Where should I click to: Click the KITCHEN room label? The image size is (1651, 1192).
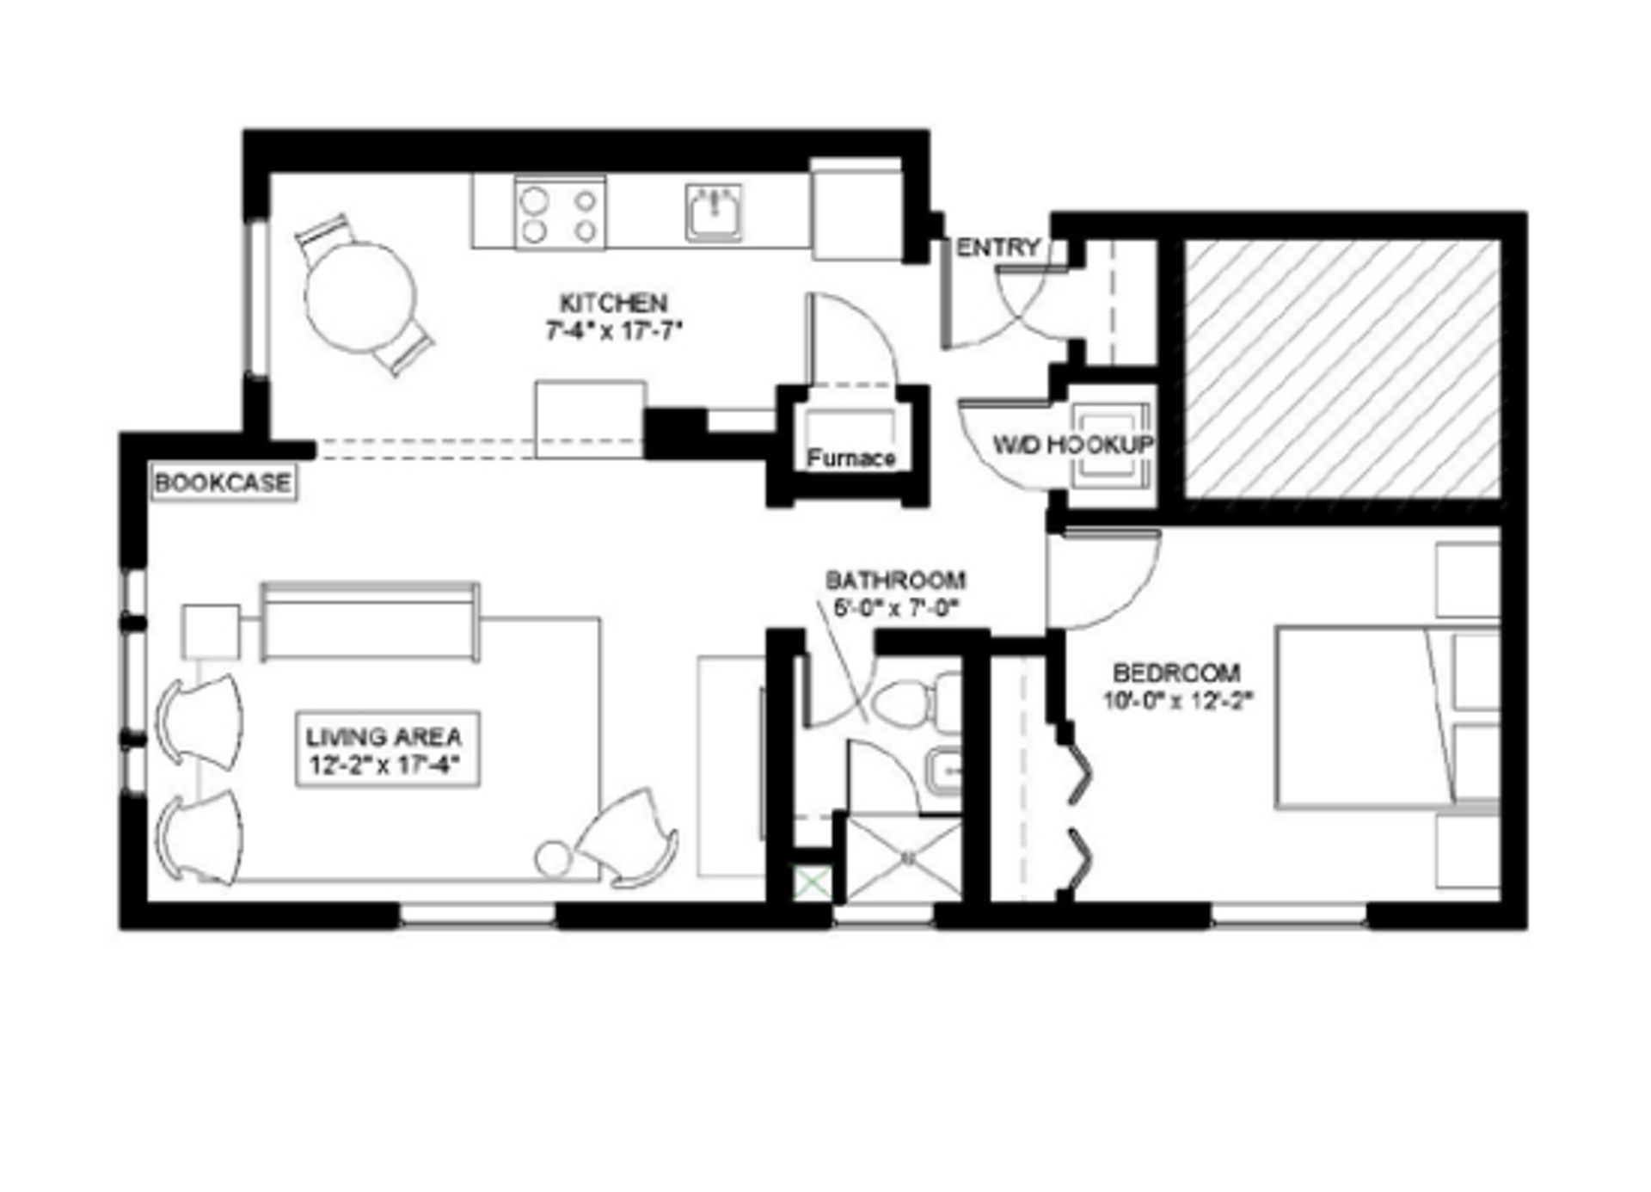point(613,304)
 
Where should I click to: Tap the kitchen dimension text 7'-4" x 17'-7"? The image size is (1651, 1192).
point(613,331)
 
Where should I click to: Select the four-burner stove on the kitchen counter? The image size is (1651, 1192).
point(560,213)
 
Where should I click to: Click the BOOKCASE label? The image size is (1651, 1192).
point(223,483)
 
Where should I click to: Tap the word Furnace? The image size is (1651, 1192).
point(851,458)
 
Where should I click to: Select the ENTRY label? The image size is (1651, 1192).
point(997,248)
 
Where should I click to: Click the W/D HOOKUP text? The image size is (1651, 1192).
point(1072,445)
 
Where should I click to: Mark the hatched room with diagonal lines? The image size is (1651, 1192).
point(1342,368)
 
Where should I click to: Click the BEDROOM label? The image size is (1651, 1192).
point(1176,673)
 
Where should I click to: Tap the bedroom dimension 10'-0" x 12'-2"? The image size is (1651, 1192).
point(1178,701)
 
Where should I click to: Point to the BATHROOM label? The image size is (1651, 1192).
point(895,581)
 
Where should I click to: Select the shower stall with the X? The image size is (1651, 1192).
point(905,858)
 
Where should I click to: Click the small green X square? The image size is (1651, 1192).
point(813,883)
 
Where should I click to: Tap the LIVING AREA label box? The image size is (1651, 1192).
point(387,750)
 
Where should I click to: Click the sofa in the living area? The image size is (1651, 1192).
point(370,622)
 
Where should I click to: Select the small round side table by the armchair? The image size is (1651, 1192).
point(553,859)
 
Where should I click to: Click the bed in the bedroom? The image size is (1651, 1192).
point(1367,718)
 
